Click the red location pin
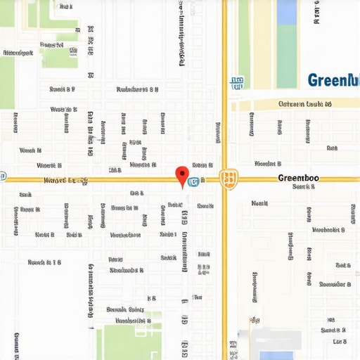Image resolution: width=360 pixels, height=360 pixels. [x=182, y=175]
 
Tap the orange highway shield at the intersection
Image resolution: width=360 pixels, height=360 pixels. [x=227, y=179]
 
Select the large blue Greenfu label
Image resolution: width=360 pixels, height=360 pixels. [x=333, y=80]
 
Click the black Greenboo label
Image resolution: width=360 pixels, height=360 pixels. [x=298, y=179]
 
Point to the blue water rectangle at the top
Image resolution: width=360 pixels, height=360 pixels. [x=286, y=13]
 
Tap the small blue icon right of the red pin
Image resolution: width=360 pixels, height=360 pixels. [x=193, y=182]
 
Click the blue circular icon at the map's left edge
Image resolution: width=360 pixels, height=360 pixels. [x=2, y=176]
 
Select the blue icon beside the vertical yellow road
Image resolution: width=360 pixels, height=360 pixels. [x=236, y=82]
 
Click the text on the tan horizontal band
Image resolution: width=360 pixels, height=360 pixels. [x=304, y=104]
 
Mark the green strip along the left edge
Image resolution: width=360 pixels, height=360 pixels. [x=6, y=77]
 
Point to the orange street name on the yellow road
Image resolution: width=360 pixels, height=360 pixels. [x=66, y=181]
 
